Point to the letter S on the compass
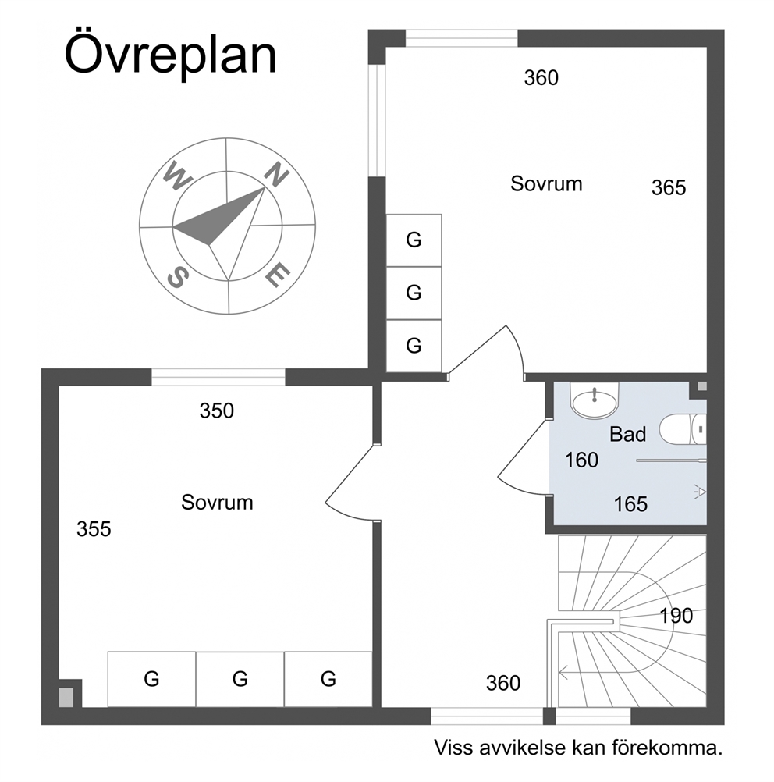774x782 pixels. pos(178,277)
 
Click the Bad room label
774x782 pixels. pos(628,435)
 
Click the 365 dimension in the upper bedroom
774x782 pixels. pos(669,188)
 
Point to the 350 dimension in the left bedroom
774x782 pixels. pos(216,411)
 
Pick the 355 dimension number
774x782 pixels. pos(94,529)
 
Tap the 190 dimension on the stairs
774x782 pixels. pos(676,616)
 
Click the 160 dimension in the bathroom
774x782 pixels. pos(581,460)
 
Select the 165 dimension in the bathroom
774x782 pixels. pos(630,505)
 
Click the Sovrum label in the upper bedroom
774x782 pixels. pos(546,184)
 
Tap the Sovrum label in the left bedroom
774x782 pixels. pos(217,503)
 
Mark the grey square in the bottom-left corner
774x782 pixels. pos(66,697)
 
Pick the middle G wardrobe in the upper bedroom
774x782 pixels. pos(414,293)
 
